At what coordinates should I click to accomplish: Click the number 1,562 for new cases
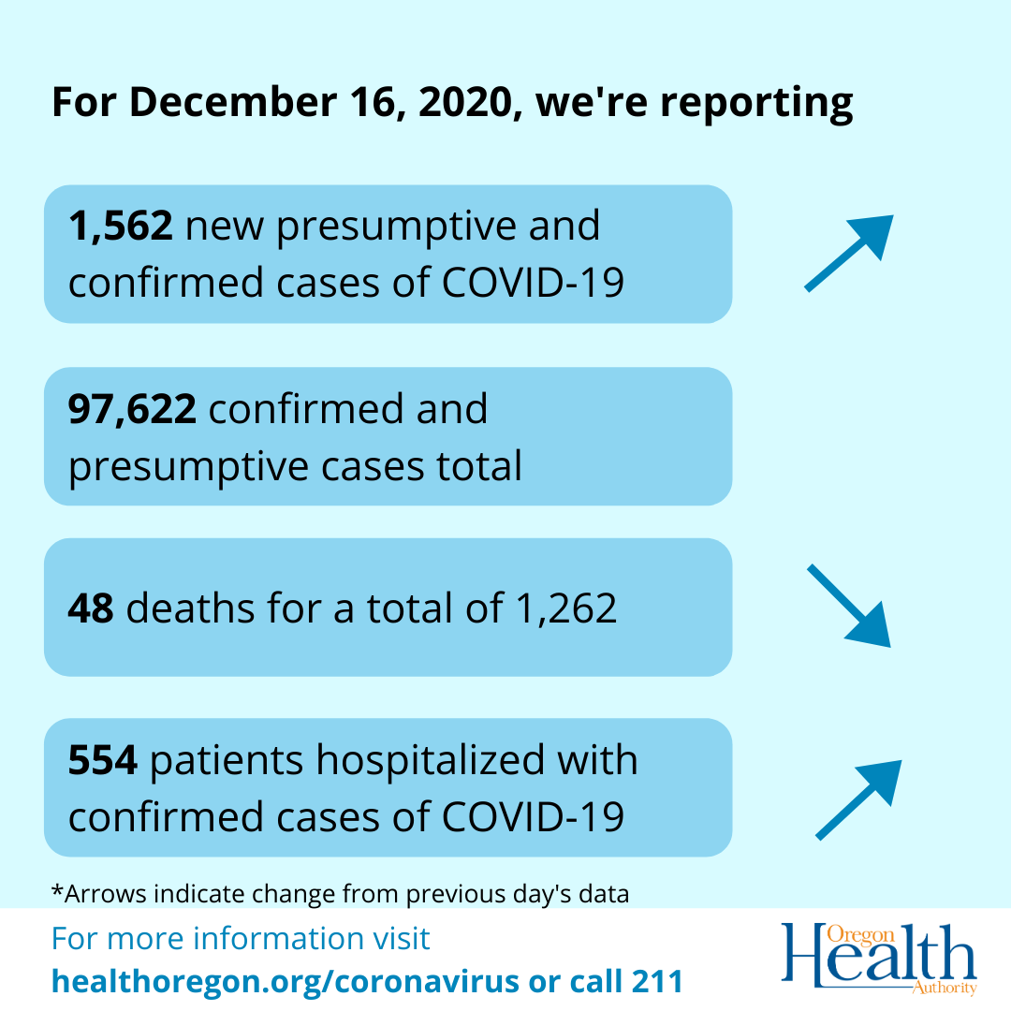[120, 227]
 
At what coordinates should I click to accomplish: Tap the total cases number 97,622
[132, 409]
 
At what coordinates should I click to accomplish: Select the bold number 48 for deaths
[91, 608]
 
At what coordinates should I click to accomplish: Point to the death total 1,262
[561, 608]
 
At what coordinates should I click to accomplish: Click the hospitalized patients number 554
[103, 760]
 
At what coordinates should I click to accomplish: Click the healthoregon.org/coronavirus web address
[285, 981]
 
